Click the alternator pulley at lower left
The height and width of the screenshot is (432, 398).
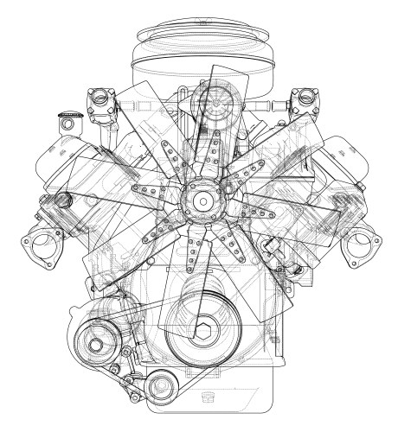[93, 340]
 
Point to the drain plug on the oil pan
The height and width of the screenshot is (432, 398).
[206, 399]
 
